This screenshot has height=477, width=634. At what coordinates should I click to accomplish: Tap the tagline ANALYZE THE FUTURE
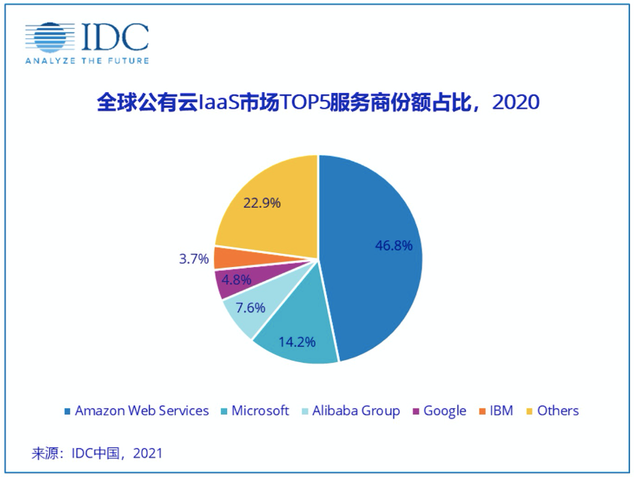click(x=87, y=60)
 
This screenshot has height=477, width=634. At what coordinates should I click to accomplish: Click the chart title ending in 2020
click(x=317, y=103)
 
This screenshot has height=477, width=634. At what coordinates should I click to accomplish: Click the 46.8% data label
click(x=394, y=244)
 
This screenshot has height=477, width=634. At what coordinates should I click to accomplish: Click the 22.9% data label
click(x=262, y=202)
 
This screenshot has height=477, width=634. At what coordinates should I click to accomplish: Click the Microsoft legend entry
click(x=257, y=411)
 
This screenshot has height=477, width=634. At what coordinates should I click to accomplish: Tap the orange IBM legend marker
click(x=483, y=411)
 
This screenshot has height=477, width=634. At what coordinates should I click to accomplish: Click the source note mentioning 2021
click(x=96, y=453)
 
